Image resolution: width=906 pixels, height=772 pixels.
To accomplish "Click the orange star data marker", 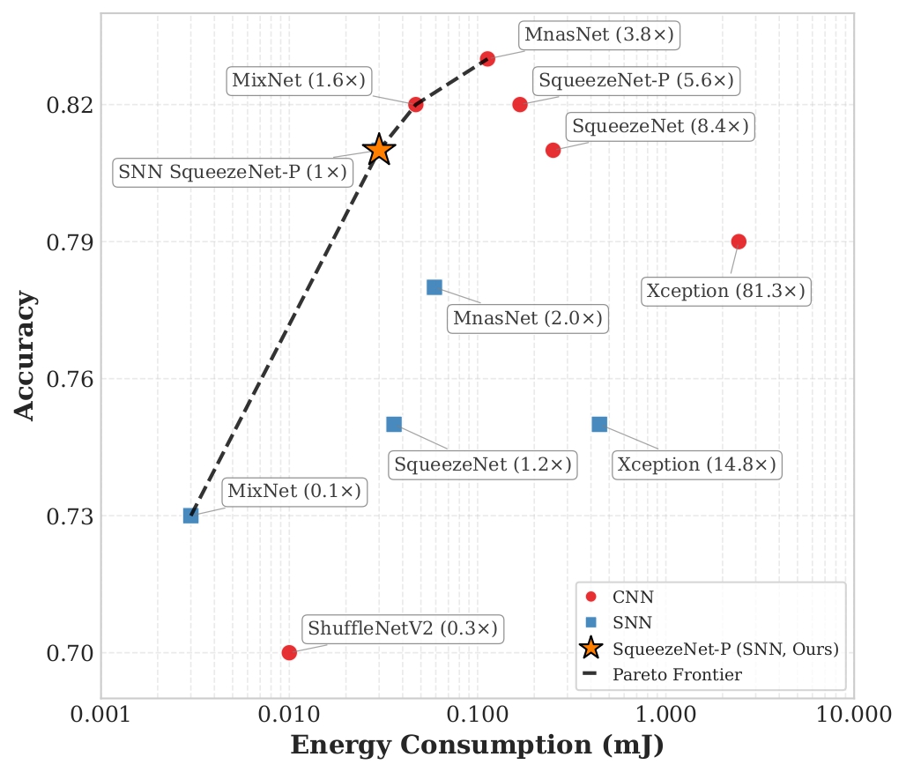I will [379, 150].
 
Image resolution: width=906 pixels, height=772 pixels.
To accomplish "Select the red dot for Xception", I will [739, 241].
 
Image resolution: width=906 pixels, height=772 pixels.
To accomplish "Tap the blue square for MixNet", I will [190, 516].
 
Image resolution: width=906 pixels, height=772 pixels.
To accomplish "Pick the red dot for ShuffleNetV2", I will [289, 652].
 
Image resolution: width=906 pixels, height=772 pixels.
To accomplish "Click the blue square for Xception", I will [599, 424].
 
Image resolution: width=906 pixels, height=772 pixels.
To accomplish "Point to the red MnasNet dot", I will [487, 58].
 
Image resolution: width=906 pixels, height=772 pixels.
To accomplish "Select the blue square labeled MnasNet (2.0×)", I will [434, 287].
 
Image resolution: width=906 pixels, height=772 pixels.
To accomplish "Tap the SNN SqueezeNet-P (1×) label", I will [234, 173].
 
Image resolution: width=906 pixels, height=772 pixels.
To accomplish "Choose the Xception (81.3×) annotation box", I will [726, 291].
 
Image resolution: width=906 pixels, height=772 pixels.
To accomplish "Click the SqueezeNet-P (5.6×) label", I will [635, 80].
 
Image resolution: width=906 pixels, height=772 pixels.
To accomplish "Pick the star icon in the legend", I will [590, 650].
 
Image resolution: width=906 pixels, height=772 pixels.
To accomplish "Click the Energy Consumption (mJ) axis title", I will [477, 746].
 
